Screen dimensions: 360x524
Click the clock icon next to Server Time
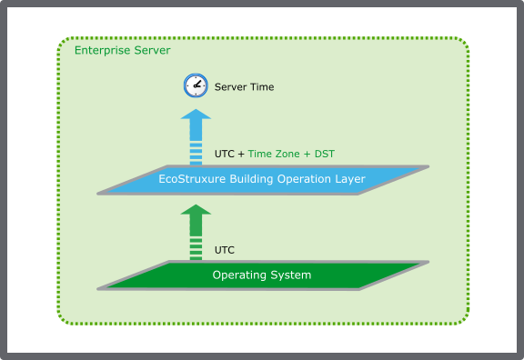tap(194, 86)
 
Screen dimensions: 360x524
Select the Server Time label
tap(244, 87)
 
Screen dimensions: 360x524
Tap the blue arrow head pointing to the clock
tap(194, 119)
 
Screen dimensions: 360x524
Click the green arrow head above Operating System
tap(194, 215)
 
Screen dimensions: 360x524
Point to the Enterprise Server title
tap(122, 51)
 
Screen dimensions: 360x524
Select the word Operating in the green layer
tap(237, 275)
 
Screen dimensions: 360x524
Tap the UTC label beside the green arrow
tap(225, 248)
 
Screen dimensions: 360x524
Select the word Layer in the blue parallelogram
tap(349, 179)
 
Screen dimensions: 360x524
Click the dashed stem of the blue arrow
tap(194, 145)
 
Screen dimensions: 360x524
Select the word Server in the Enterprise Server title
tap(152, 51)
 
